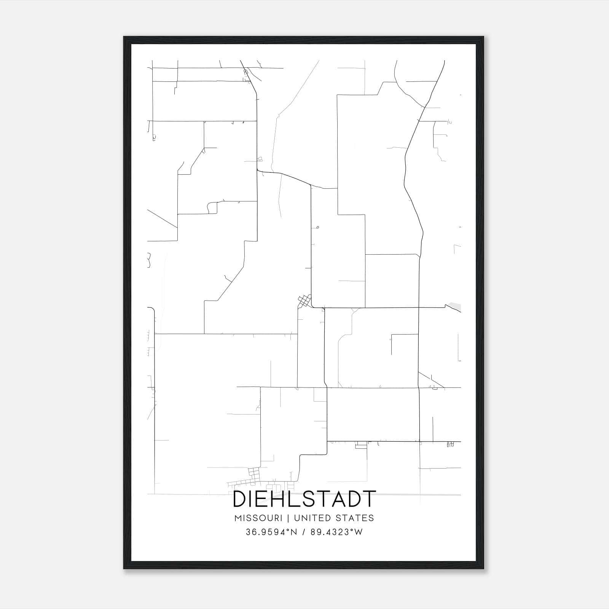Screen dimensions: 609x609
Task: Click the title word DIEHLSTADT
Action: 304,499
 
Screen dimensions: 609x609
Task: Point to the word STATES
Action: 355,518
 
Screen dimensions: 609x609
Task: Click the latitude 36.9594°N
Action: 271,532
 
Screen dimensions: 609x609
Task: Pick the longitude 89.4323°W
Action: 336,532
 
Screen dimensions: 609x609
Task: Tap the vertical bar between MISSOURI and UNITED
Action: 288,518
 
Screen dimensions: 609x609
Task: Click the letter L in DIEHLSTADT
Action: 296,499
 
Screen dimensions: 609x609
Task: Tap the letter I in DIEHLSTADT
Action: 250,499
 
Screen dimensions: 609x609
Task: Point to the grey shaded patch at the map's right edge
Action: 455,306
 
